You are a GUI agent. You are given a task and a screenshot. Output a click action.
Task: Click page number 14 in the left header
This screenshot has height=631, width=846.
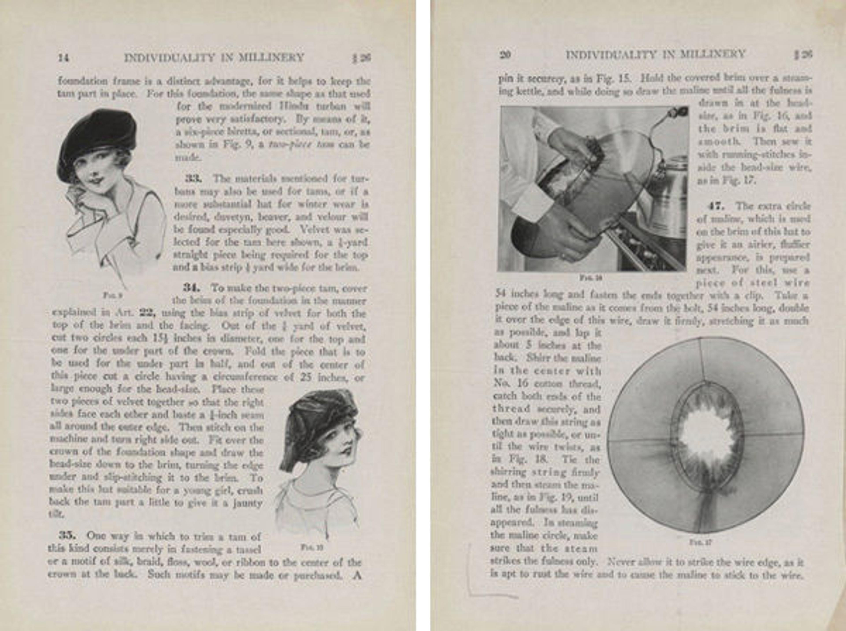(63, 58)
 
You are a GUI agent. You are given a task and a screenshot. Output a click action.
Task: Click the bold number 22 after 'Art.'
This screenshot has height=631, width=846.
(146, 313)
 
